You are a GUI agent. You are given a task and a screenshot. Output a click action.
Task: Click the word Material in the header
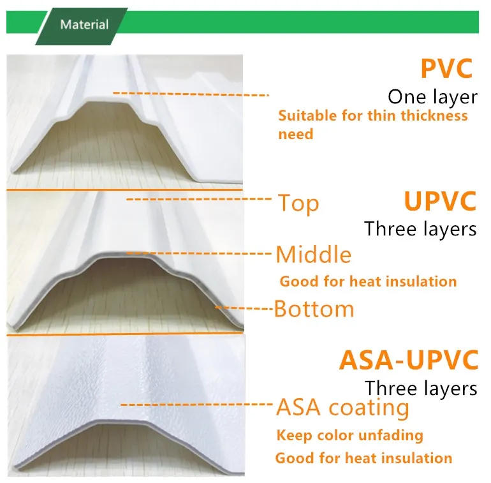click(x=84, y=25)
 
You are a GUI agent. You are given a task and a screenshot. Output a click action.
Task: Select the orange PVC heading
click(x=446, y=69)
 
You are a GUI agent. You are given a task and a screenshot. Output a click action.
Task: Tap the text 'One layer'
click(x=432, y=97)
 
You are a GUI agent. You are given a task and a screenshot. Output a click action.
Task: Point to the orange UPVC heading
click(x=440, y=201)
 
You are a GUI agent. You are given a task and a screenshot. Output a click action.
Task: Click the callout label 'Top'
click(x=298, y=204)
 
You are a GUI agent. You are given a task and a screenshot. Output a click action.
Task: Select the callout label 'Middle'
click(x=313, y=255)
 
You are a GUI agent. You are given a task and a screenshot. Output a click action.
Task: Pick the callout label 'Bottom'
click(x=314, y=309)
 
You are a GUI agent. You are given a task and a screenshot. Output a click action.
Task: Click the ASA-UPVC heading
click(x=409, y=360)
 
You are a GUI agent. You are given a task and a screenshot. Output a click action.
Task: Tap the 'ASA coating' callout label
click(x=342, y=406)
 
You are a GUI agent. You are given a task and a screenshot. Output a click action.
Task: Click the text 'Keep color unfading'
click(x=349, y=436)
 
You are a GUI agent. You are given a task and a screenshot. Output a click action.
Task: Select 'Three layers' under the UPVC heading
click(x=420, y=229)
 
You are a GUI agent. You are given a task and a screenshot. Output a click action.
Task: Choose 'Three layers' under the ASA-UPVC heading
click(x=421, y=388)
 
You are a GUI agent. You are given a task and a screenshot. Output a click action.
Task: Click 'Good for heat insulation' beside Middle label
click(x=368, y=281)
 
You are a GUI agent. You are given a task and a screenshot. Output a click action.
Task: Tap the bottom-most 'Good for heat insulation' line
click(x=363, y=458)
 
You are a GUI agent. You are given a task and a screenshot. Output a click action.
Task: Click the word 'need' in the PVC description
click(x=296, y=135)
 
